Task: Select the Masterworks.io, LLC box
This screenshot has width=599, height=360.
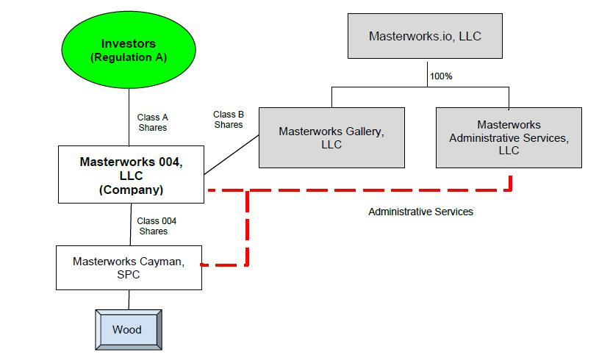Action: coord(425,35)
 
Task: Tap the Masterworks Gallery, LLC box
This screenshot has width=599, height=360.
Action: coord(331,137)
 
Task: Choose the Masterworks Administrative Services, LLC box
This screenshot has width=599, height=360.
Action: coord(509,137)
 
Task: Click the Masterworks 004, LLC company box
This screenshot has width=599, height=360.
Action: coord(131,173)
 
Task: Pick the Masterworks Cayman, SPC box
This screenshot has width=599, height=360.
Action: coord(129,267)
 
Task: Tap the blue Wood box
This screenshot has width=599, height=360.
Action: coord(126,329)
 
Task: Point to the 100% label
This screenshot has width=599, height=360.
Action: coord(440,75)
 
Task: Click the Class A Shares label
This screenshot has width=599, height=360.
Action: coord(153,122)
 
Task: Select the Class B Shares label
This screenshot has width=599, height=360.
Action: coord(229,119)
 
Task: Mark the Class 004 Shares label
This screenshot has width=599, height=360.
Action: coord(156,226)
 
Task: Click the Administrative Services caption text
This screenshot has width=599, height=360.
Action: coord(420,212)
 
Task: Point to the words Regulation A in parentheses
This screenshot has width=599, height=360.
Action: coord(130,57)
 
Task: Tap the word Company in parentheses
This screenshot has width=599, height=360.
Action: coord(131,190)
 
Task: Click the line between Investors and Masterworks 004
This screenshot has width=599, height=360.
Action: coord(130,118)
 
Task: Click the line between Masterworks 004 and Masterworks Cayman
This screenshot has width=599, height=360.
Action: coord(130,224)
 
